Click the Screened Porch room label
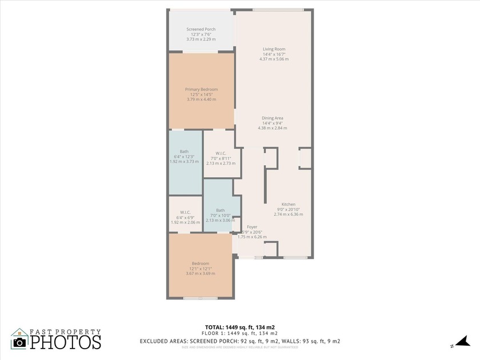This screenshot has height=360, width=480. click(x=201, y=29)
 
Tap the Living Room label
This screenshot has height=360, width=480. click(x=274, y=49)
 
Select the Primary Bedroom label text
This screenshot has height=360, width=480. click(x=201, y=89)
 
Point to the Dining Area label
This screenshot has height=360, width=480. click(x=273, y=118)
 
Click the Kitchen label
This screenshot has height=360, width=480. click(x=288, y=204)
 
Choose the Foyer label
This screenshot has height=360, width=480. click(x=252, y=227)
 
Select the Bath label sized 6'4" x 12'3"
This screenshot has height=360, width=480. click(x=184, y=151)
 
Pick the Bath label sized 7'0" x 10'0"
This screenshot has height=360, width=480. click(x=221, y=210)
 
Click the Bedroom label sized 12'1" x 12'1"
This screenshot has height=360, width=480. click(x=200, y=263)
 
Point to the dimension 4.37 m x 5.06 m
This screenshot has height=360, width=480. click(x=274, y=59)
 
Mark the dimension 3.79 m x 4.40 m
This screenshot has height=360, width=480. click(x=201, y=99)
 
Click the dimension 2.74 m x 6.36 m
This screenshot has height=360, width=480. click(x=288, y=214)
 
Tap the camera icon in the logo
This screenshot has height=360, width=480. click(x=19, y=342)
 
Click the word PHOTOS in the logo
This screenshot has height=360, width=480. click(x=65, y=342)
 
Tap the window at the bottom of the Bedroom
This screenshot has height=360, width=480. click(x=200, y=298)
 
